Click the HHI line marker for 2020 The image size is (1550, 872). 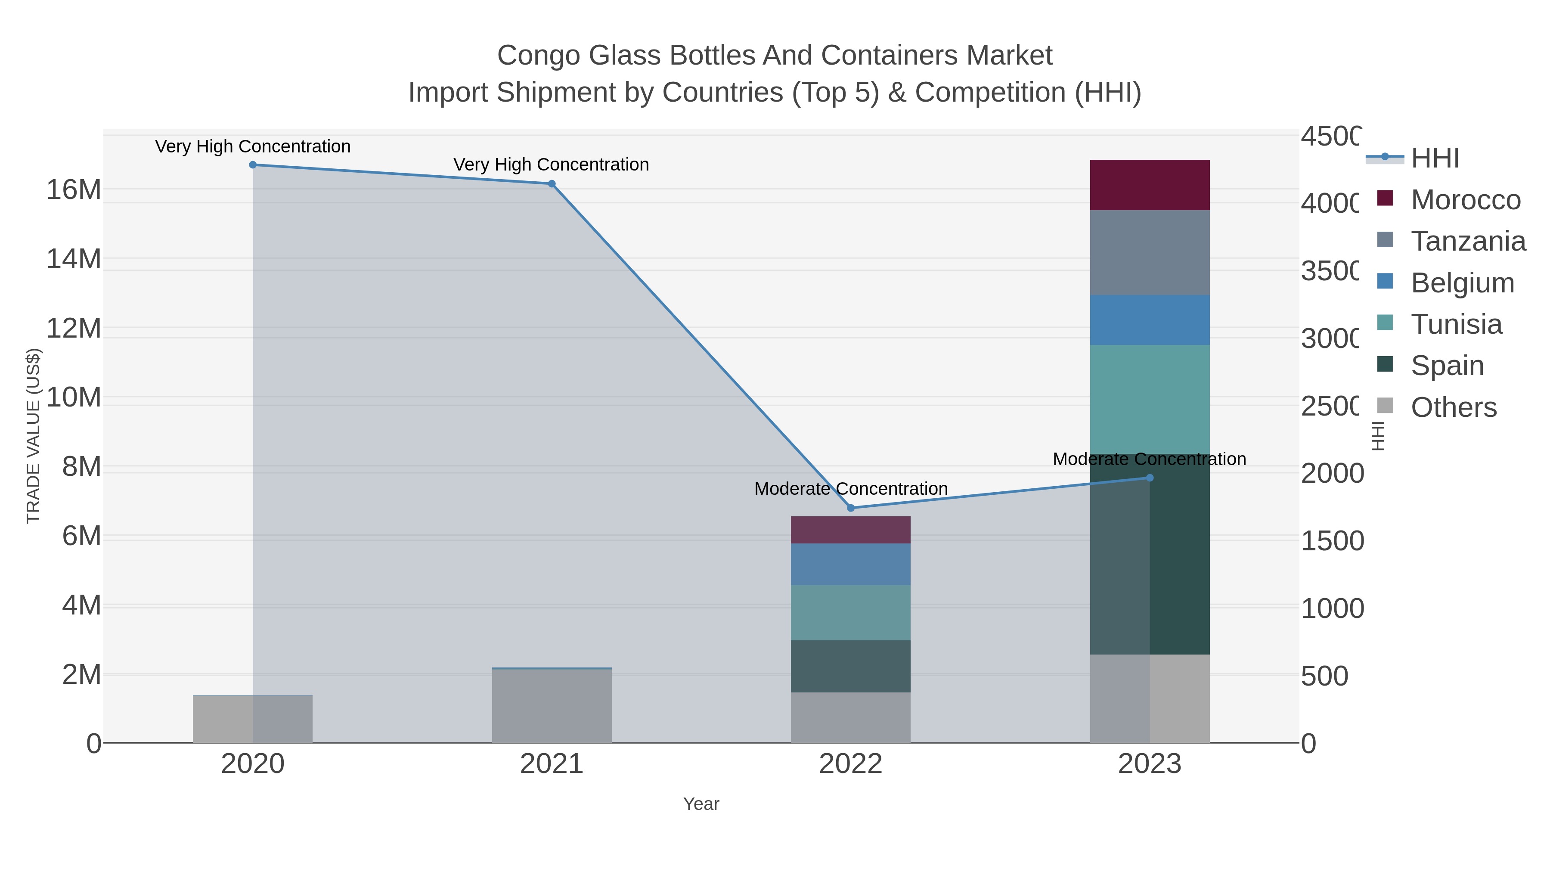point(253,165)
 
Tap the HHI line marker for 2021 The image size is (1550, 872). point(552,183)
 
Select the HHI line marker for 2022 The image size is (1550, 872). point(851,508)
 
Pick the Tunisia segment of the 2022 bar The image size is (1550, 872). point(851,612)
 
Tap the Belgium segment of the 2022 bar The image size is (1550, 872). point(851,564)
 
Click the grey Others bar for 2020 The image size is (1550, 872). point(253,719)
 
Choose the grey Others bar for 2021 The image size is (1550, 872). point(552,705)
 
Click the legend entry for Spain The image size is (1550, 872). point(1447,365)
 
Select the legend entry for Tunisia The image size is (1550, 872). point(1456,324)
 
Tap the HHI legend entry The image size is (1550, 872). point(1435,158)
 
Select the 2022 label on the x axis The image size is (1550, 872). point(851,763)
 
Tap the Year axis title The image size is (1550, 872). point(701,804)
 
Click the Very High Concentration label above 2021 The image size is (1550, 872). point(551,164)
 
